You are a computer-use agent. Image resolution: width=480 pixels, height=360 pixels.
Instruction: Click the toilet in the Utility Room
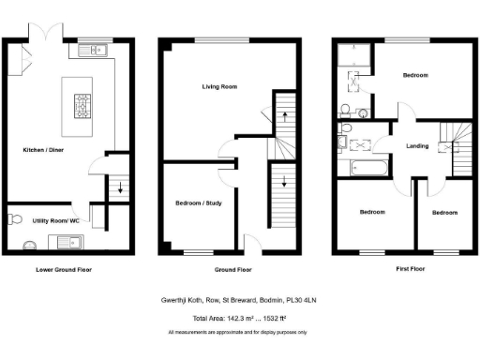[x=12, y=219]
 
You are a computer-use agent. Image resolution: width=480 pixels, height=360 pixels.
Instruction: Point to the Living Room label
[x=219, y=86]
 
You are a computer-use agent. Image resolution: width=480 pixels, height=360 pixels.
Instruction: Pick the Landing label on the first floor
[x=417, y=145]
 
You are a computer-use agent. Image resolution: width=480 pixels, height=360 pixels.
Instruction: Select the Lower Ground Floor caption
[x=65, y=269]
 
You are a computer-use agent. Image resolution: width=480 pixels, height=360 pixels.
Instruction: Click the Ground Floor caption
[x=232, y=269]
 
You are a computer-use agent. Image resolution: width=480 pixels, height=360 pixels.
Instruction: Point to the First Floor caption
[x=398, y=269]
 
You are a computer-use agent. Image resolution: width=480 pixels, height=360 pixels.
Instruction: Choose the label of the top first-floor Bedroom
[x=415, y=75]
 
